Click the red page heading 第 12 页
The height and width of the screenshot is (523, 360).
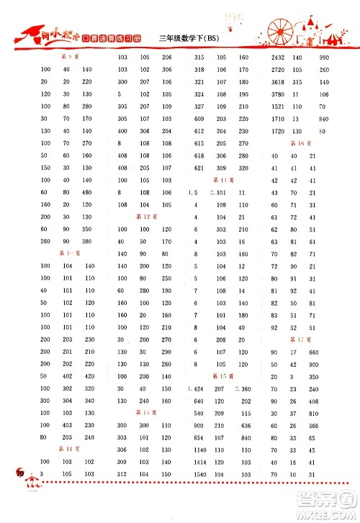[146, 217]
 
